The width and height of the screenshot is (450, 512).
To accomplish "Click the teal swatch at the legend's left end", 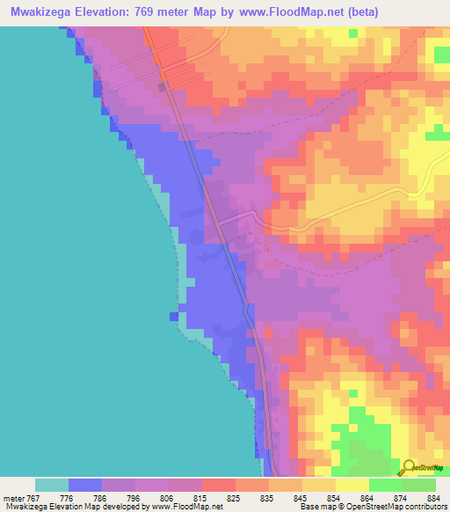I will coord(52,485).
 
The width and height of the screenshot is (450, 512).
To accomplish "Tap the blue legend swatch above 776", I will coord(85,485).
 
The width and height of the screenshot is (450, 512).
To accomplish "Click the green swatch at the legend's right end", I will coord(419,485).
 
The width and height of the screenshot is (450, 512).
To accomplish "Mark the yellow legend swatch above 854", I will coord(319,485).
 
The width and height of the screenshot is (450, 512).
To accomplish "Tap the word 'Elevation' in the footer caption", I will coord(56,507).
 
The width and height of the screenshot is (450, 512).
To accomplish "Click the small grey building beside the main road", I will coord(162,86).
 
